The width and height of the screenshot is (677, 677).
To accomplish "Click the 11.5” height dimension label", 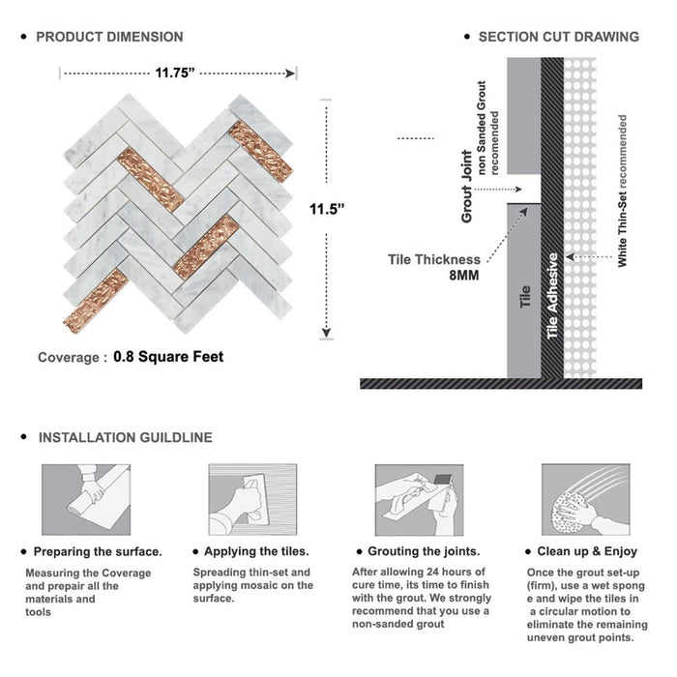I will [x=327, y=208].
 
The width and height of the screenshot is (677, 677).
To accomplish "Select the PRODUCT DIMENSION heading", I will [x=109, y=37].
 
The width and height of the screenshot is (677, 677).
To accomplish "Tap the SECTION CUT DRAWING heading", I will [x=558, y=37].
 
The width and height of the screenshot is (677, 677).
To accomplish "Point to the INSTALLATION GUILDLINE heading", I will [x=125, y=437].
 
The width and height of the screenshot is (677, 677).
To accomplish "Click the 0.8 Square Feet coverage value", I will [x=168, y=357].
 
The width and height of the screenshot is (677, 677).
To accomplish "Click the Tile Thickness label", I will [x=433, y=259].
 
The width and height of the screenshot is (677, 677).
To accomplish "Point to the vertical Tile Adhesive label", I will [x=553, y=295].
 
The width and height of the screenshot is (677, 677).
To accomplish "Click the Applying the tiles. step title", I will [x=259, y=552].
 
